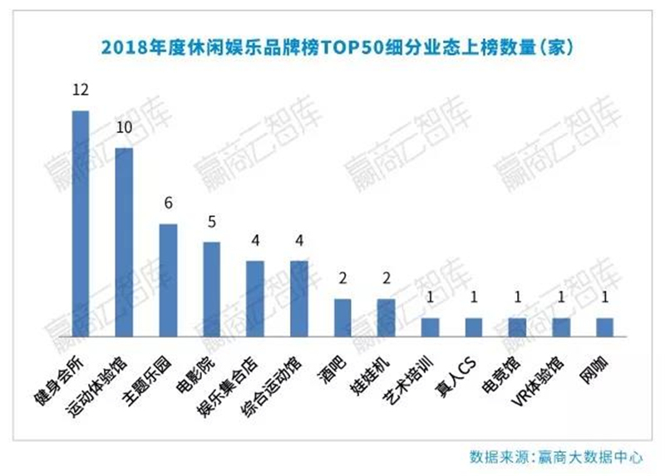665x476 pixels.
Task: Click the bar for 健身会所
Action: point(81,223)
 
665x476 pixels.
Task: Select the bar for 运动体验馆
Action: point(124,243)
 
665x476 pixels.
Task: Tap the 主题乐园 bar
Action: point(168,281)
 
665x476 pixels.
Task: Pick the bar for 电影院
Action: point(212,289)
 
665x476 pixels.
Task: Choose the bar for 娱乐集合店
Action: point(255,299)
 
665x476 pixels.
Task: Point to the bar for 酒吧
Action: point(342,318)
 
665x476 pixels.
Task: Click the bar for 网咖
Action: point(605,327)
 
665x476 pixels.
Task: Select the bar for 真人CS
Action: point(474,327)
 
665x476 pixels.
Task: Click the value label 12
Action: point(81,90)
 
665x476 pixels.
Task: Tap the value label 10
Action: point(124,127)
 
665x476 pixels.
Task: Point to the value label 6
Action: point(169,203)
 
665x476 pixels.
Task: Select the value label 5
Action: point(212,222)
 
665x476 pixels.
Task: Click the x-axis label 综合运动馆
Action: point(273,386)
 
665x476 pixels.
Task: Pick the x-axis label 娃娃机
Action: point(369,375)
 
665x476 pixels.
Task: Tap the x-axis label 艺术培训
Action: point(407,380)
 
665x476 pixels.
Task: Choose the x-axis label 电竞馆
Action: point(501,375)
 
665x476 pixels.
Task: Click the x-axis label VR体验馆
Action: point(539,380)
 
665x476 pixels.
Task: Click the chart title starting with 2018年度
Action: point(337,47)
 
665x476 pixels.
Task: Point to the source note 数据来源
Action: point(555,457)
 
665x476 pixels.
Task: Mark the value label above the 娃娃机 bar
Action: point(387,278)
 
